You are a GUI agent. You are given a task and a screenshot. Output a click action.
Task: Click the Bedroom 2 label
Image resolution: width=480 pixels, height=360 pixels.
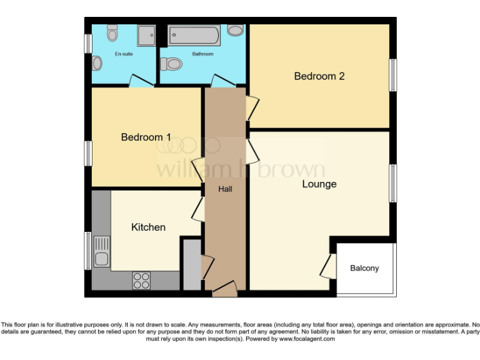tap(319, 76)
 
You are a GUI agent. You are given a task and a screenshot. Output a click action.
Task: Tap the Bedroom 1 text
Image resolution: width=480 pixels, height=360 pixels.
tap(146, 137)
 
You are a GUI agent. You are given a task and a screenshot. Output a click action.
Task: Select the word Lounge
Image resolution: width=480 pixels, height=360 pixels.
tap(319, 184)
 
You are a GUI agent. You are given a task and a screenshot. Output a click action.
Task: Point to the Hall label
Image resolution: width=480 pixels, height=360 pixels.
tap(225, 188)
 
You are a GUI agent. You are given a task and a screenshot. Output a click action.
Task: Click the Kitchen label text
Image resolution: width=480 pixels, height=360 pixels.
tap(148, 227)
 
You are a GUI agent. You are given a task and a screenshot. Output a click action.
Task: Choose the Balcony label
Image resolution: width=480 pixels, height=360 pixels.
tap(364, 268)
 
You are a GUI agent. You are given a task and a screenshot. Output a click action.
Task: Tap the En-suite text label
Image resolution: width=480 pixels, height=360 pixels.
tap(123, 54)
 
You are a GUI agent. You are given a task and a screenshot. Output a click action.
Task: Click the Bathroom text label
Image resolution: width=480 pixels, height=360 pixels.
tap(202, 54)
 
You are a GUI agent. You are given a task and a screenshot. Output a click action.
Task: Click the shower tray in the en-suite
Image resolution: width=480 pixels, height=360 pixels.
tap(146, 35)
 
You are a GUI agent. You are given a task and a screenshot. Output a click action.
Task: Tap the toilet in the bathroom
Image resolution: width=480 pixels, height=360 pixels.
tap(171, 63)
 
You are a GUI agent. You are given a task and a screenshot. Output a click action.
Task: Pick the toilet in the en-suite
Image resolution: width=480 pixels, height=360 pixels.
tap(97, 62)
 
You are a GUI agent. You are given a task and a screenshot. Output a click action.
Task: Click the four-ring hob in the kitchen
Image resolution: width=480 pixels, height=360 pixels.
tap(141, 281)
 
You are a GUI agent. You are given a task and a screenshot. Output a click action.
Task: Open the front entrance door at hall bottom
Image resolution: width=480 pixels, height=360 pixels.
tap(224, 289)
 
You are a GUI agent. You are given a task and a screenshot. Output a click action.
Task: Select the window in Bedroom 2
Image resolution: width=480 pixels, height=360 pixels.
tap(394, 76)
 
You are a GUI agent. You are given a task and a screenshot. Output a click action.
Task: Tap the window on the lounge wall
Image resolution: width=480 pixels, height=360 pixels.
tap(394, 183)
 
